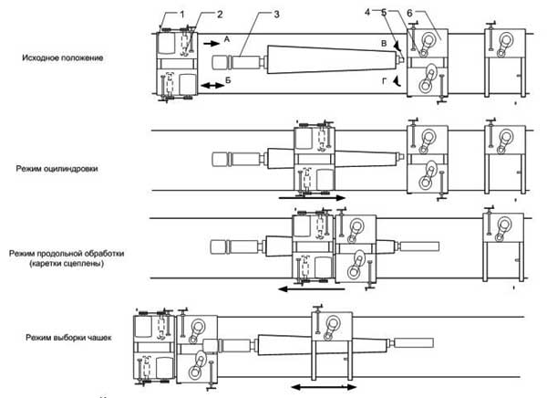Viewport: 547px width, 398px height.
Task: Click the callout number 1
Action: (x=182, y=15)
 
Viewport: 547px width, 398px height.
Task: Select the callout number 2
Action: (x=220, y=15)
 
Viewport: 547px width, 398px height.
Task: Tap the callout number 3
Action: (x=276, y=15)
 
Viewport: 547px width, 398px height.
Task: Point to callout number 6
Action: (x=409, y=13)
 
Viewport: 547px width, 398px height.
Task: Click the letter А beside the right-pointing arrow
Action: (x=227, y=39)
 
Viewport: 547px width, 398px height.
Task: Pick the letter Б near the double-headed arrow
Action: (x=228, y=80)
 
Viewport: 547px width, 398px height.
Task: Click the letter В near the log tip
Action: (x=384, y=44)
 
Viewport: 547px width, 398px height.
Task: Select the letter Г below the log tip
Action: (x=384, y=81)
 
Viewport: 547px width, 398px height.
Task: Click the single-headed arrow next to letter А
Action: (x=212, y=43)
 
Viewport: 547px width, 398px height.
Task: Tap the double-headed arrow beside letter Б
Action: (x=212, y=85)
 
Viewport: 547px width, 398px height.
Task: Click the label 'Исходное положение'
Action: (x=63, y=58)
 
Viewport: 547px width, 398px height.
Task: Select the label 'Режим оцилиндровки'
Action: (x=57, y=169)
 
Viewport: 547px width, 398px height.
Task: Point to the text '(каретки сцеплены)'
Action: (x=67, y=263)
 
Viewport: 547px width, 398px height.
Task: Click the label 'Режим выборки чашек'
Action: (x=68, y=338)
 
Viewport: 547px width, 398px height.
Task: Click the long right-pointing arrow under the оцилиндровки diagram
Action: (x=312, y=198)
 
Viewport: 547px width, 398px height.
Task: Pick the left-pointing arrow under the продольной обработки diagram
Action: (x=312, y=289)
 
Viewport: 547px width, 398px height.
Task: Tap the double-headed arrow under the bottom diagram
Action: (x=324, y=387)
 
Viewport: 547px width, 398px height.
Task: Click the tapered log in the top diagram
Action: (x=332, y=59)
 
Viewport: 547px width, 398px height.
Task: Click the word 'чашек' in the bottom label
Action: (x=101, y=338)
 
